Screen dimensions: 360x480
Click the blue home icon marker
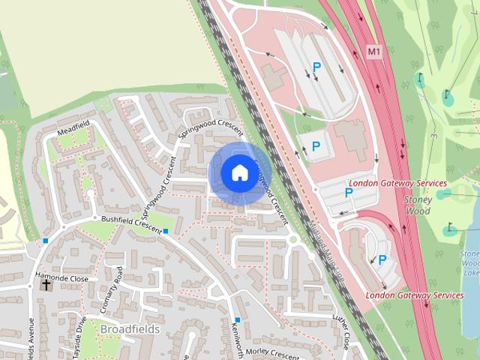click(x=238, y=172)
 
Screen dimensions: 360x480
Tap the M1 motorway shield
click(x=374, y=52)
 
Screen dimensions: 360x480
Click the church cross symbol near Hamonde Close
click(x=46, y=284)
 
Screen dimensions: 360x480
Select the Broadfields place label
click(x=128, y=329)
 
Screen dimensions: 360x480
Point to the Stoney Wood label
click(x=418, y=206)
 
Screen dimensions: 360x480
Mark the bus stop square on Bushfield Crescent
click(x=165, y=231)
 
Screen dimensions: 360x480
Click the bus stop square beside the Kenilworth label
click(x=237, y=319)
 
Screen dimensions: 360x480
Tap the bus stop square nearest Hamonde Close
click(x=46, y=241)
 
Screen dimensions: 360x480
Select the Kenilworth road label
click(x=238, y=341)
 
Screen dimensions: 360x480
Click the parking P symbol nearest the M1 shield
click(x=317, y=68)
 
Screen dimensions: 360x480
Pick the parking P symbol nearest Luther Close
click(x=382, y=260)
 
